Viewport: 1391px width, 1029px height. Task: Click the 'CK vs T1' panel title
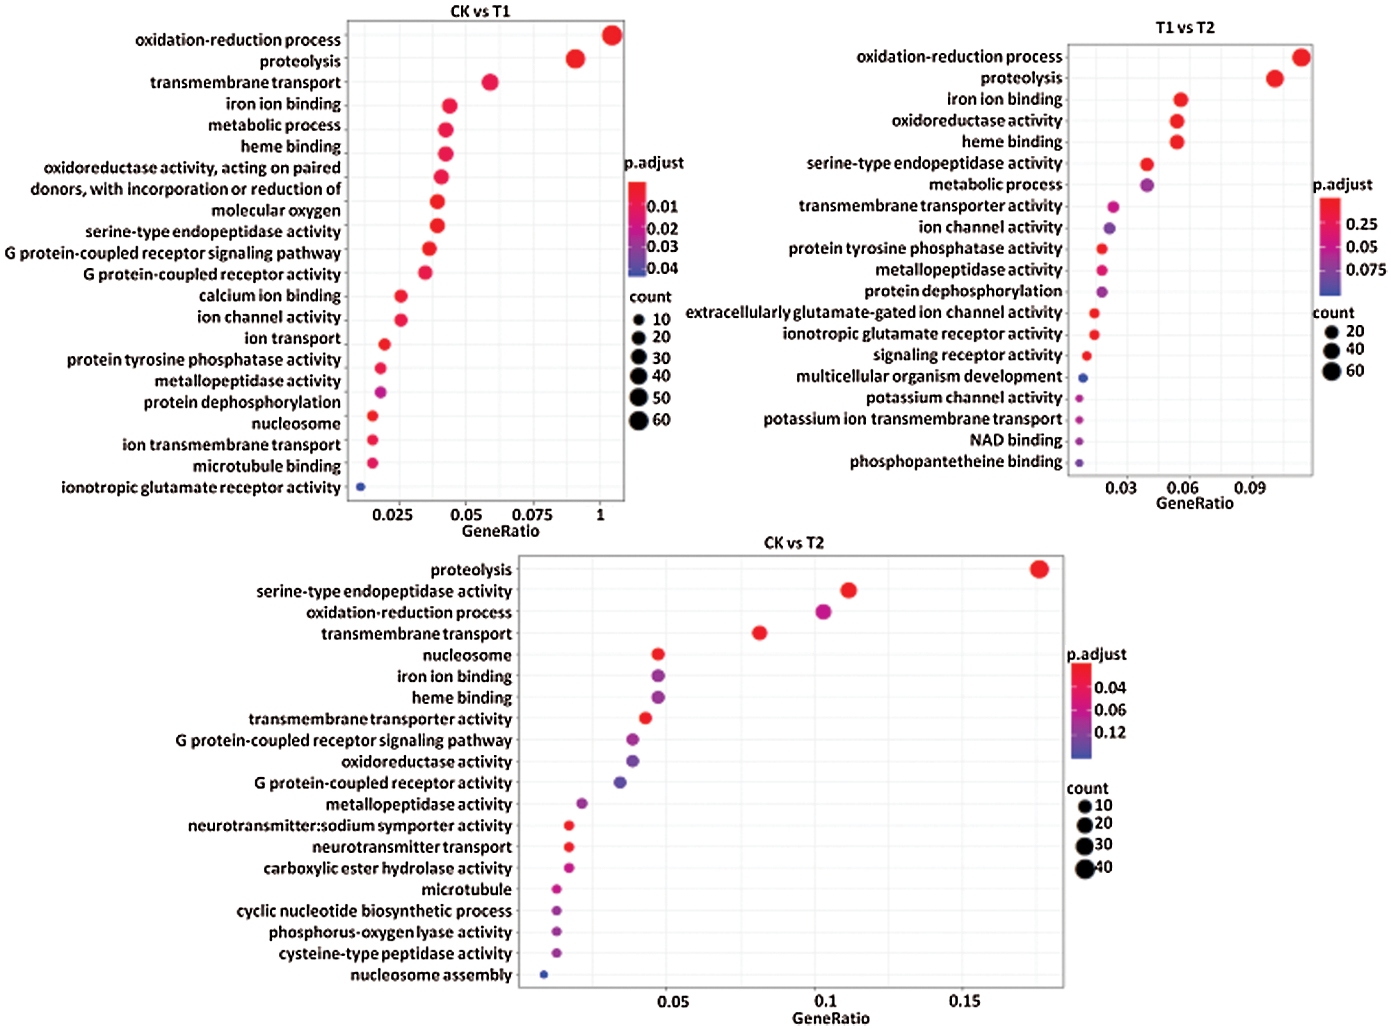pos(480,11)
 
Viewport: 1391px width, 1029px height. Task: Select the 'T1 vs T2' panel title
pos(1184,27)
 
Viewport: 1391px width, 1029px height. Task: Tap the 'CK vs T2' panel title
pos(793,543)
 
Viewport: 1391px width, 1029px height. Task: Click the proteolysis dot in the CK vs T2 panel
pos(1039,569)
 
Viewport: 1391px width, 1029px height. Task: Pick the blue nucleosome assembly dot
pos(544,975)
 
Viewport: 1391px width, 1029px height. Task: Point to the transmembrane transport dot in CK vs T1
pos(490,82)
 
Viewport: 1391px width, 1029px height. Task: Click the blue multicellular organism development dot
pos(1083,378)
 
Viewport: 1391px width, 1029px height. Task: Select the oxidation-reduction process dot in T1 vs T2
pos(1301,57)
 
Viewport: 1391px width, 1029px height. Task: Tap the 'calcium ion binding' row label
pos(270,296)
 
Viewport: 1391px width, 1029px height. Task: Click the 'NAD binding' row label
pos(1015,440)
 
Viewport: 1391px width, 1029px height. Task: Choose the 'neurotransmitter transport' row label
pos(412,847)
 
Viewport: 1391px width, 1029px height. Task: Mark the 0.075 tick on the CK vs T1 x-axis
pos(532,515)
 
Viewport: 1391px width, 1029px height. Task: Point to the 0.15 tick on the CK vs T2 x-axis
pos(965,1001)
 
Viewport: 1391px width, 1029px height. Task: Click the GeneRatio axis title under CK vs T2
pos(830,1019)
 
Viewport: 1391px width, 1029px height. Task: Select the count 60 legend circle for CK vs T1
pos(638,420)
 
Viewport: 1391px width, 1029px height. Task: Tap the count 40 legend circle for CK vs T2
pos(1084,868)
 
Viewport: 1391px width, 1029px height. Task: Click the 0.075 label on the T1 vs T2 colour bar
pos(1365,270)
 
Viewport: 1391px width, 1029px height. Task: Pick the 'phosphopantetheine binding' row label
pos(956,462)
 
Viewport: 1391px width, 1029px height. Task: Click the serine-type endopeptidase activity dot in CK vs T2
pos(849,591)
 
